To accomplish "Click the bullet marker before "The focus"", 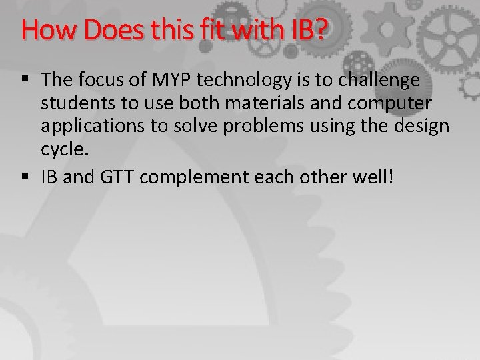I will pyautogui.click(x=26, y=81).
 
